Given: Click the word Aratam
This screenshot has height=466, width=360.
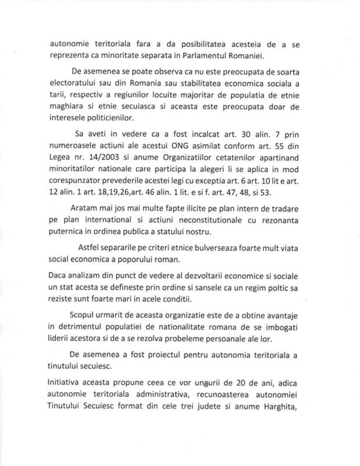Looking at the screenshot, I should click(x=85, y=225).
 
